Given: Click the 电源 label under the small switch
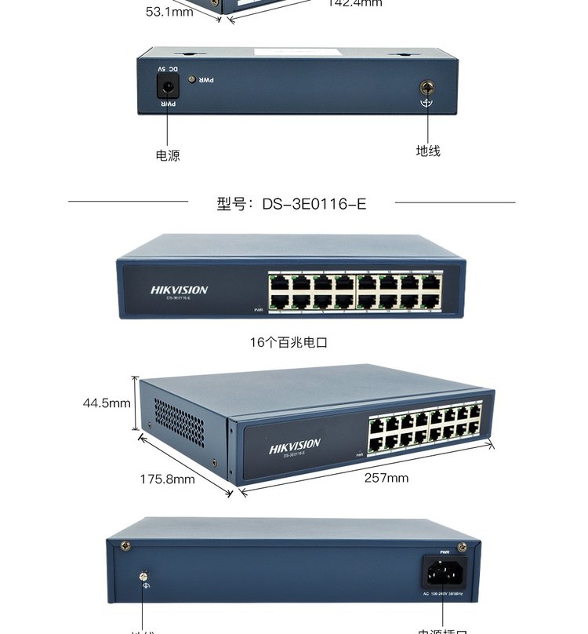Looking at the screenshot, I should point(168,155).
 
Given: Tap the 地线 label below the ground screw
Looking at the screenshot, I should point(428,151).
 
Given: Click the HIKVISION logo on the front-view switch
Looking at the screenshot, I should point(180,290).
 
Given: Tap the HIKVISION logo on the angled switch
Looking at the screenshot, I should point(295,446).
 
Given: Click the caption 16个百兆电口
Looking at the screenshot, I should point(289,342).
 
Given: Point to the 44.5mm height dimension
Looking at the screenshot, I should point(107,403).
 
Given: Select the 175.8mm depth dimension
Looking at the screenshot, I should point(167,479).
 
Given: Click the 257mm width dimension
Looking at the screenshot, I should point(386,478).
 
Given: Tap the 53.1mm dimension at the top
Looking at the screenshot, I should point(169,12).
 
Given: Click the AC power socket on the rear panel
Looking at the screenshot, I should point(445,572).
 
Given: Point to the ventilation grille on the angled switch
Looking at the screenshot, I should point(178,424).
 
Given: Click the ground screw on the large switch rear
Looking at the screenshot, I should point(143,577).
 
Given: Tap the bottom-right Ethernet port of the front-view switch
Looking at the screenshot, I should point(428,301).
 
